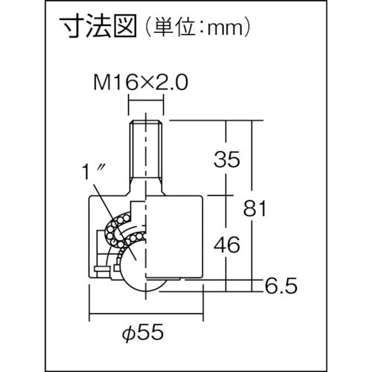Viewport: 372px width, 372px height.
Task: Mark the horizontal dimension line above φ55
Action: tap(147, 315)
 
